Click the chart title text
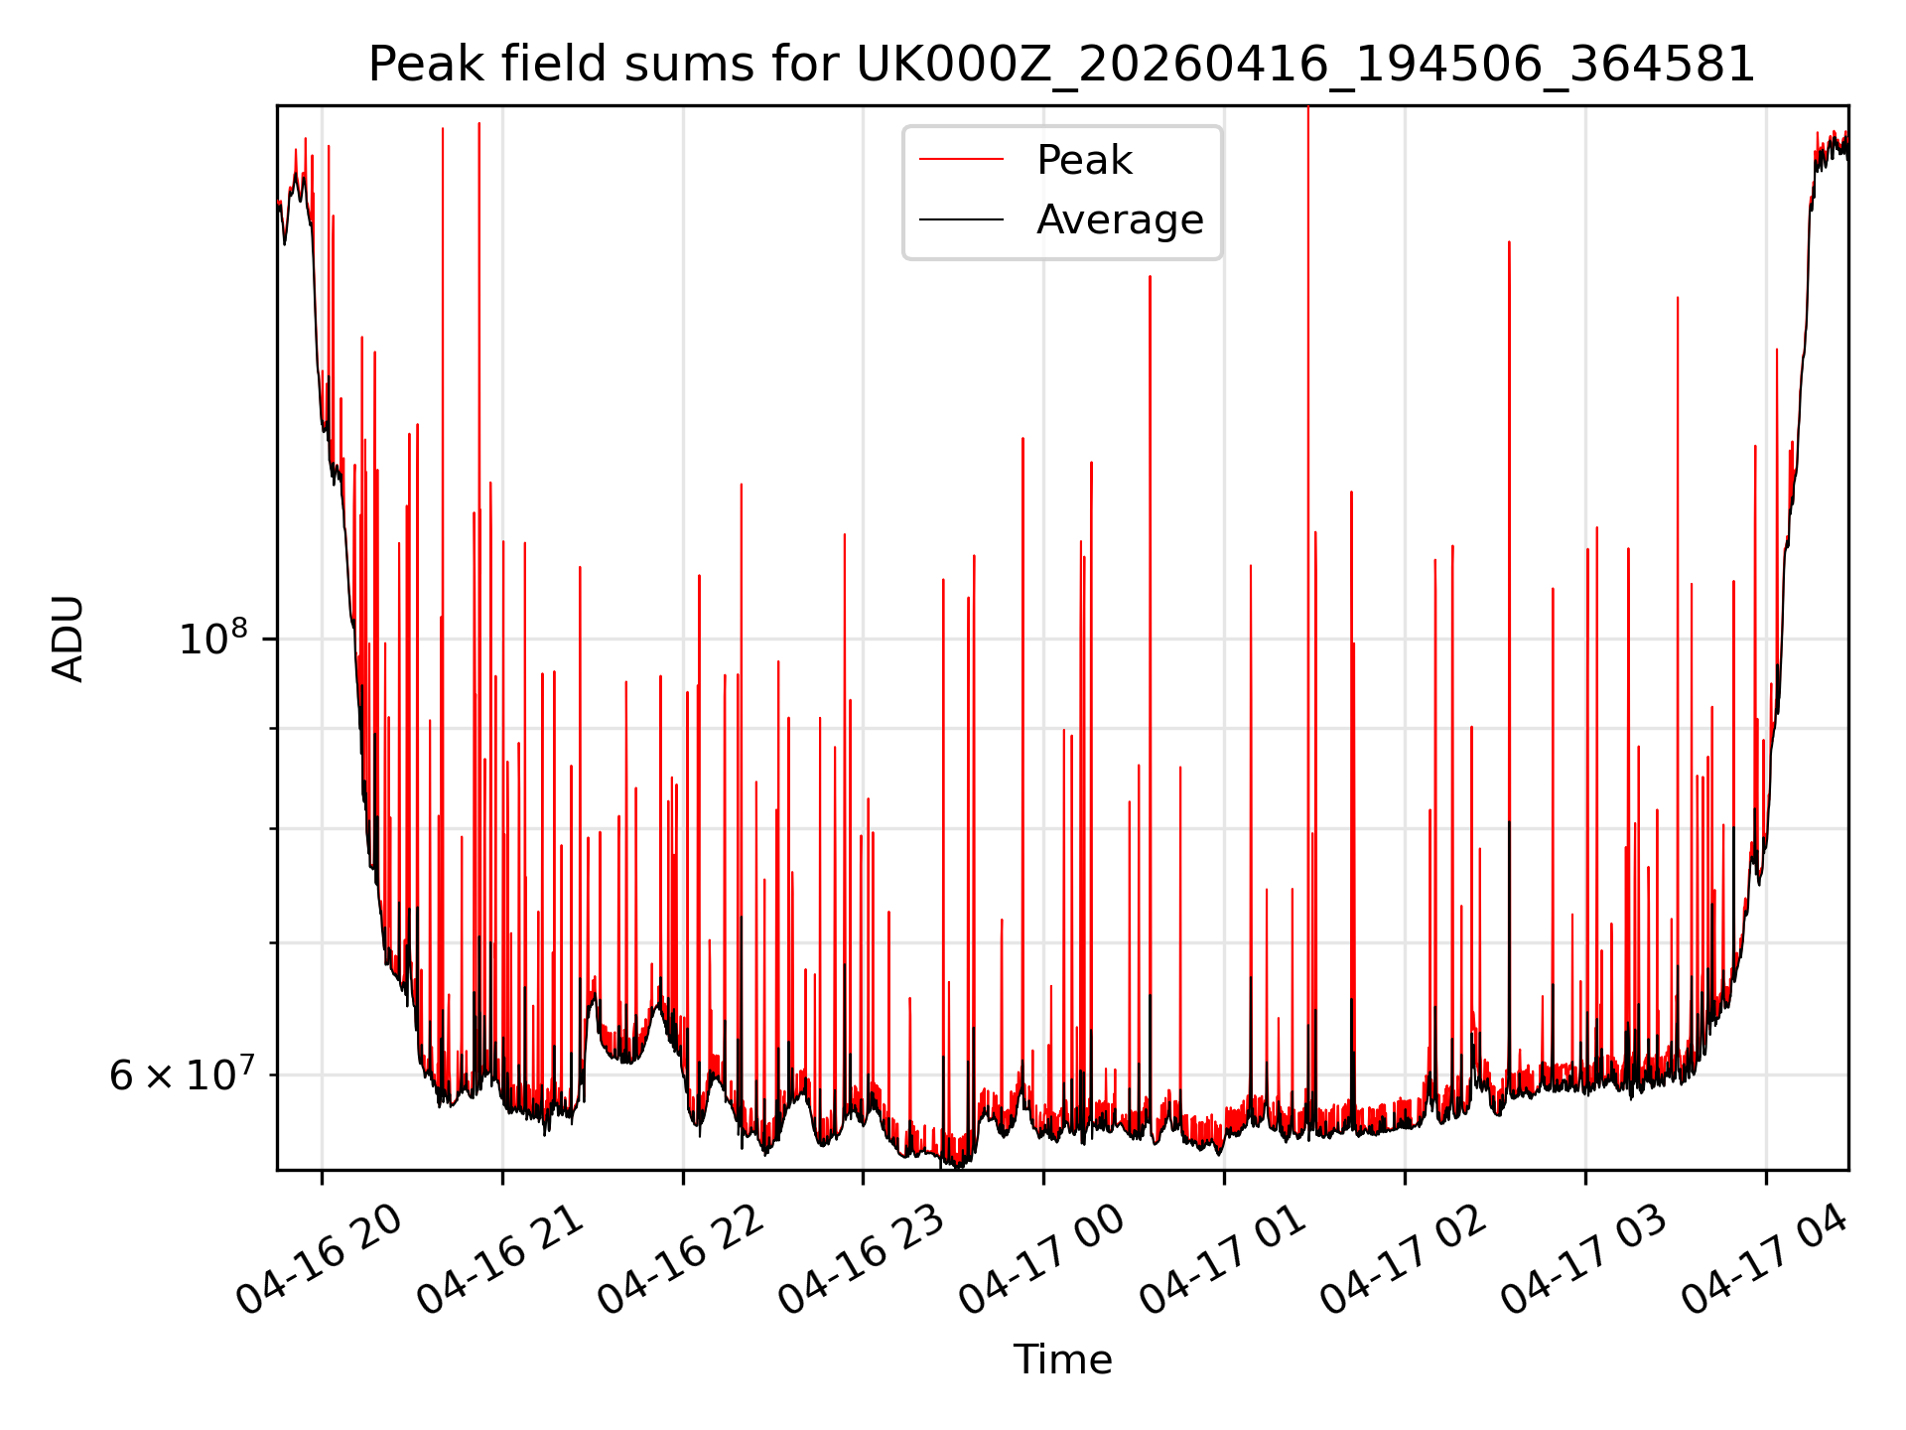pos(1062,65)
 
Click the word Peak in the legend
pos(1084,160)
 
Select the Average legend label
pos(1120,219)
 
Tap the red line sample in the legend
pos(961,160)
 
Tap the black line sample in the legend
pos(961,219)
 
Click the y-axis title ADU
pos(68,639)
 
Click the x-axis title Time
pos(1062,1359)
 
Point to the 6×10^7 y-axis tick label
pos(181,1073)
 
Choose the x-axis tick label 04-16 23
pos(860,1258)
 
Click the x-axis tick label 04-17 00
pos(1040,1258)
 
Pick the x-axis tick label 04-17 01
pos(1221,1258)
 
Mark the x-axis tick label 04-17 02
pos(1402,1258)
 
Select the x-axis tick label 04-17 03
pos(1582,1258)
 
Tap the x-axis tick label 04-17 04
pos(1763,1258)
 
